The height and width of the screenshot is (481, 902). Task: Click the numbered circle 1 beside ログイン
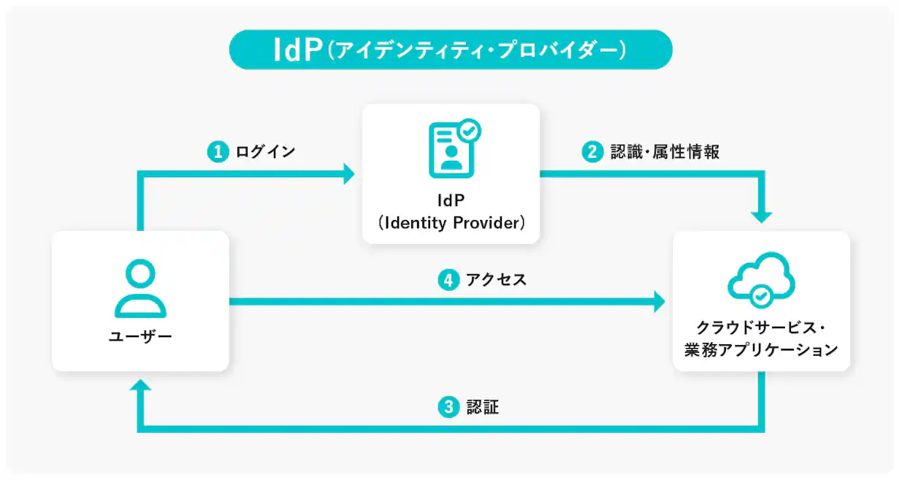coord(217,152)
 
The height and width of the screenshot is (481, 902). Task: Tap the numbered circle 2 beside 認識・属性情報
coord(592,152)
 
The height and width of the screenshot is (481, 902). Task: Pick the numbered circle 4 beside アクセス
coord(448,279)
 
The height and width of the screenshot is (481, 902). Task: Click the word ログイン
coord(265,152)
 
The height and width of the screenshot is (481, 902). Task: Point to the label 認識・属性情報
coord(665,152)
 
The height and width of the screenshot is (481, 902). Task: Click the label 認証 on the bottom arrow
coord(482,407)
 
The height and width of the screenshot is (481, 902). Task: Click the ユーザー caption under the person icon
coord(140,337)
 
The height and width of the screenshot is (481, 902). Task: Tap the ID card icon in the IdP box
coord(451,150)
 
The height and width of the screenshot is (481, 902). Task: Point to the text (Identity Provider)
coord(451,223)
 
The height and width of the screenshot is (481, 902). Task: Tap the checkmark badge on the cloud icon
coord(760,295)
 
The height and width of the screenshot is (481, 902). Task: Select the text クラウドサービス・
coord(760,327)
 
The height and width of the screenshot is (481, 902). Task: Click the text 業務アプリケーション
coord(760,350)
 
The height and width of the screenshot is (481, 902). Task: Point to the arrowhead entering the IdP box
coord(348,174)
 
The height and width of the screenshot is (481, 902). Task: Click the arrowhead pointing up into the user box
coord(141,387)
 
